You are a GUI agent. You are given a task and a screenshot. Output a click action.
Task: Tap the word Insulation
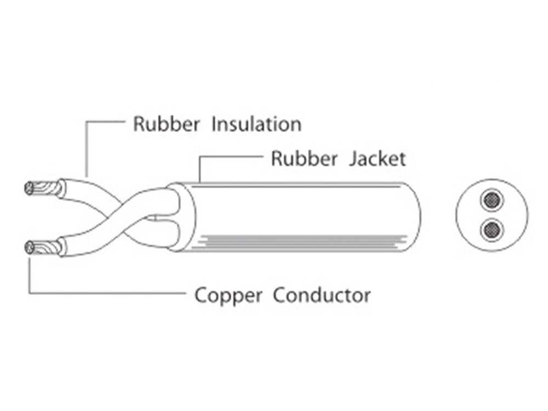point(256,124)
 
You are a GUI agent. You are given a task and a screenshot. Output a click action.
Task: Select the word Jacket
point(378,159)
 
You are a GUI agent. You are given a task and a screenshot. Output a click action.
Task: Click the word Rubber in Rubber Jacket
point(304,159)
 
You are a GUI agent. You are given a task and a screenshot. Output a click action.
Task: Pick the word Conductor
point(322,295)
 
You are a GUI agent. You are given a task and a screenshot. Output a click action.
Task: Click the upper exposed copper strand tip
point(30,189)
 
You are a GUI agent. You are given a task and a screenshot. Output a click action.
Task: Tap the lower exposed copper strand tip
point(30,248)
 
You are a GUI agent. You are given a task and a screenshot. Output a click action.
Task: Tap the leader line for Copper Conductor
point(110,293)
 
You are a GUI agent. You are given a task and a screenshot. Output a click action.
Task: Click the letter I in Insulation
point(214,124)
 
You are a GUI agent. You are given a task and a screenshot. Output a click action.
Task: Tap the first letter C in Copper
point(201,295)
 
